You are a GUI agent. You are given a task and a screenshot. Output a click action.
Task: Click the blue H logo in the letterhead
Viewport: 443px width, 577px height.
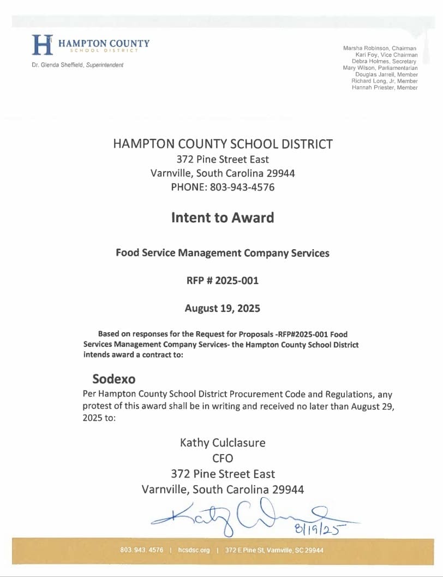point(43,45)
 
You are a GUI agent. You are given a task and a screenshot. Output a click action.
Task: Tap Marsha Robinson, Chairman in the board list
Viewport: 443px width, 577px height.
point(380,49)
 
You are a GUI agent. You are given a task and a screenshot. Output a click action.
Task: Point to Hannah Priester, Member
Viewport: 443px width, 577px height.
point(385,87)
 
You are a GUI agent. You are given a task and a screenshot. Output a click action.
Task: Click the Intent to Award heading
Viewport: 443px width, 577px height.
point(222,217)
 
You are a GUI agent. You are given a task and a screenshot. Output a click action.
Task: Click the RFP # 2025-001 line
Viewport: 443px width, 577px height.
point(222,281)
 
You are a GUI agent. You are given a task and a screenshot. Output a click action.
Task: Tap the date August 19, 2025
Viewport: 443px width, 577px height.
point(222,308)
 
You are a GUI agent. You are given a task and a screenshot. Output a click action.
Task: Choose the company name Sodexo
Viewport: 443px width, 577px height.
point(113,379)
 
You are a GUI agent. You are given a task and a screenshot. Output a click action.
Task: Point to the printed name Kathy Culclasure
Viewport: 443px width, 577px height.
point(223,443)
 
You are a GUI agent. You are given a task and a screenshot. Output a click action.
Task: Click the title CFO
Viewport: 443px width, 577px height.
point(223,458)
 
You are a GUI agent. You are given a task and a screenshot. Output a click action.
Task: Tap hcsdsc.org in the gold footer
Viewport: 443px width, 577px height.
point(194,550)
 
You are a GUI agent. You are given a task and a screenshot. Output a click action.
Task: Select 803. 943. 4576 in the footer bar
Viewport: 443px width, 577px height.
point(141,550)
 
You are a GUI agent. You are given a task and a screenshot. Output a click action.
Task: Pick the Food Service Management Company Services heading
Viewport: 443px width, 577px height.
point(222,253)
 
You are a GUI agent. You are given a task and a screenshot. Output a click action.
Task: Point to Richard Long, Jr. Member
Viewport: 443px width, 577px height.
point(384,81)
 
